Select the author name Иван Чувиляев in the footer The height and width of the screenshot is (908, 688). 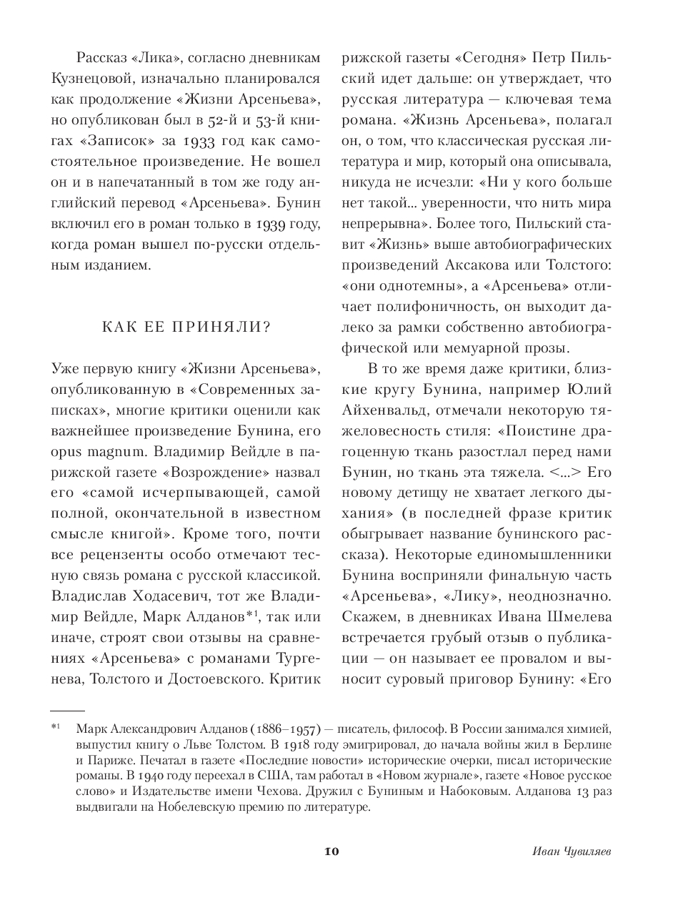point(573,851)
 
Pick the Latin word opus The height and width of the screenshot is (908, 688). point(69,452)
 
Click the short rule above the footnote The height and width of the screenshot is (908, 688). point(67,711)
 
